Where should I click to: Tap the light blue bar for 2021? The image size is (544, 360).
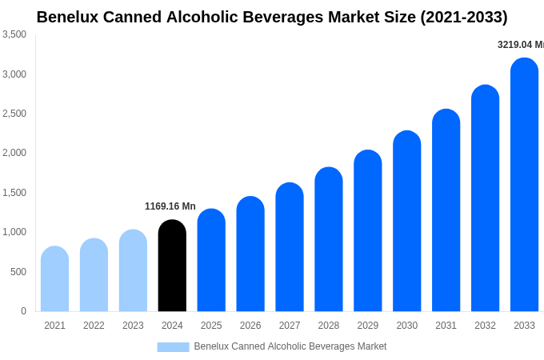pyautogui.click(x=54, y=279)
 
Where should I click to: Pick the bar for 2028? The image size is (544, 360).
pyautogui.click(x=329, y=239)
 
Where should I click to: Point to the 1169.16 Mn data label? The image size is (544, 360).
pyautogui.click(x=170, y=206)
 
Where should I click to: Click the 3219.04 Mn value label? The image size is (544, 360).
pyautogui.click(x=520, y=45)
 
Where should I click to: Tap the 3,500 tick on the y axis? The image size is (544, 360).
pyautogui.click(x=14, y=34)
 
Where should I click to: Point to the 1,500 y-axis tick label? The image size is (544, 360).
pyautogui.click(x=14, y=193)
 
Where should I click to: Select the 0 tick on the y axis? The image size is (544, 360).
pyautogui.click(x=23, y=311)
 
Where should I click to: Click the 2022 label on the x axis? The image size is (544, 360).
pyautogui.click(x=94, y=326)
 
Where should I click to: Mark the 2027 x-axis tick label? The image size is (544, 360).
pyautogui.click(x=290, y=326)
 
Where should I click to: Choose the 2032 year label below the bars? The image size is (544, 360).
pyautogui.click(x=485, y=326)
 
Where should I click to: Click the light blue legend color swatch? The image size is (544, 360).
pyautogui.click(x=173, y=347)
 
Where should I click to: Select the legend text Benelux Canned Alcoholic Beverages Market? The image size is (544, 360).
pyautogui.click(x=290, y=346)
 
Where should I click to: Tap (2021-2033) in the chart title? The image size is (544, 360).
pyautogui.click(x=463, y=17)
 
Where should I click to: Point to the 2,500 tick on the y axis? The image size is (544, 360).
pyautogui.click(x=14, y=114)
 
